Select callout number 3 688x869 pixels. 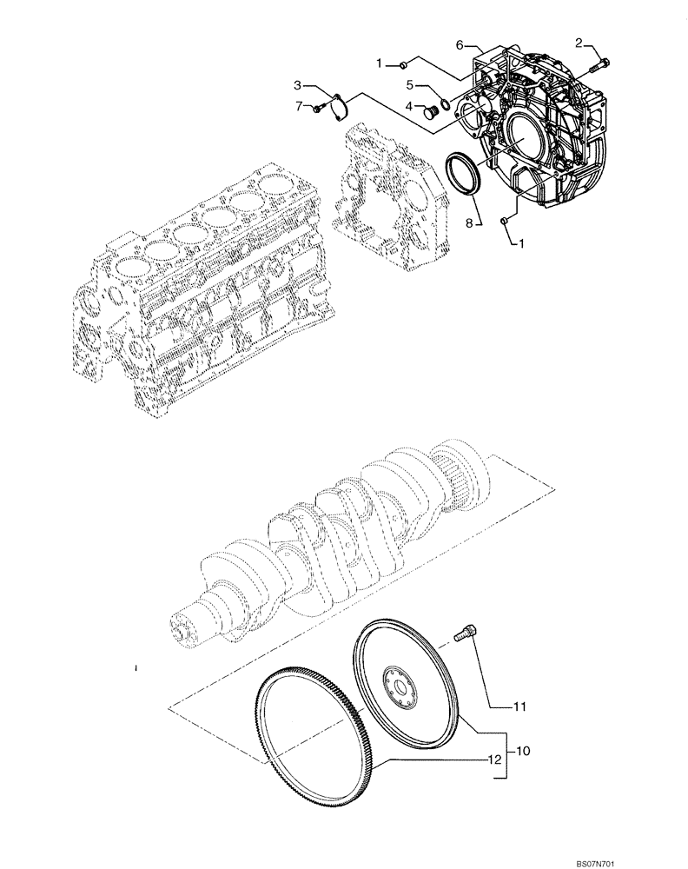click(297, 85)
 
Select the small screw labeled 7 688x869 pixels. click(321, 108)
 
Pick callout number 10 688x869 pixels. click(523, 749)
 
